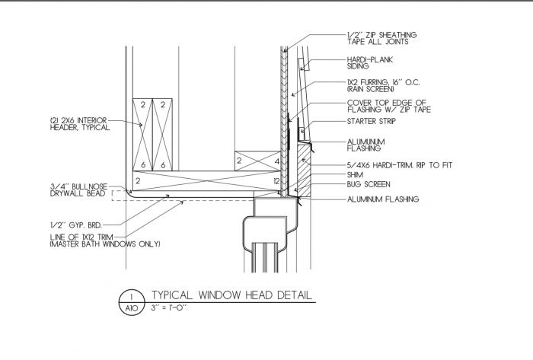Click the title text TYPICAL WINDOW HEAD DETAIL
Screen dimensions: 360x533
[231, 295]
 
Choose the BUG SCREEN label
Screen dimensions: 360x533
[369, 184]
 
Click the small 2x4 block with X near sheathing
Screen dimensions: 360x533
[256, 161]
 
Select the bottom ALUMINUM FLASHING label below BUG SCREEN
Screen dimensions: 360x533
[384, 199]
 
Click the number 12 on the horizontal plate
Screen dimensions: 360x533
[276, 181]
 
